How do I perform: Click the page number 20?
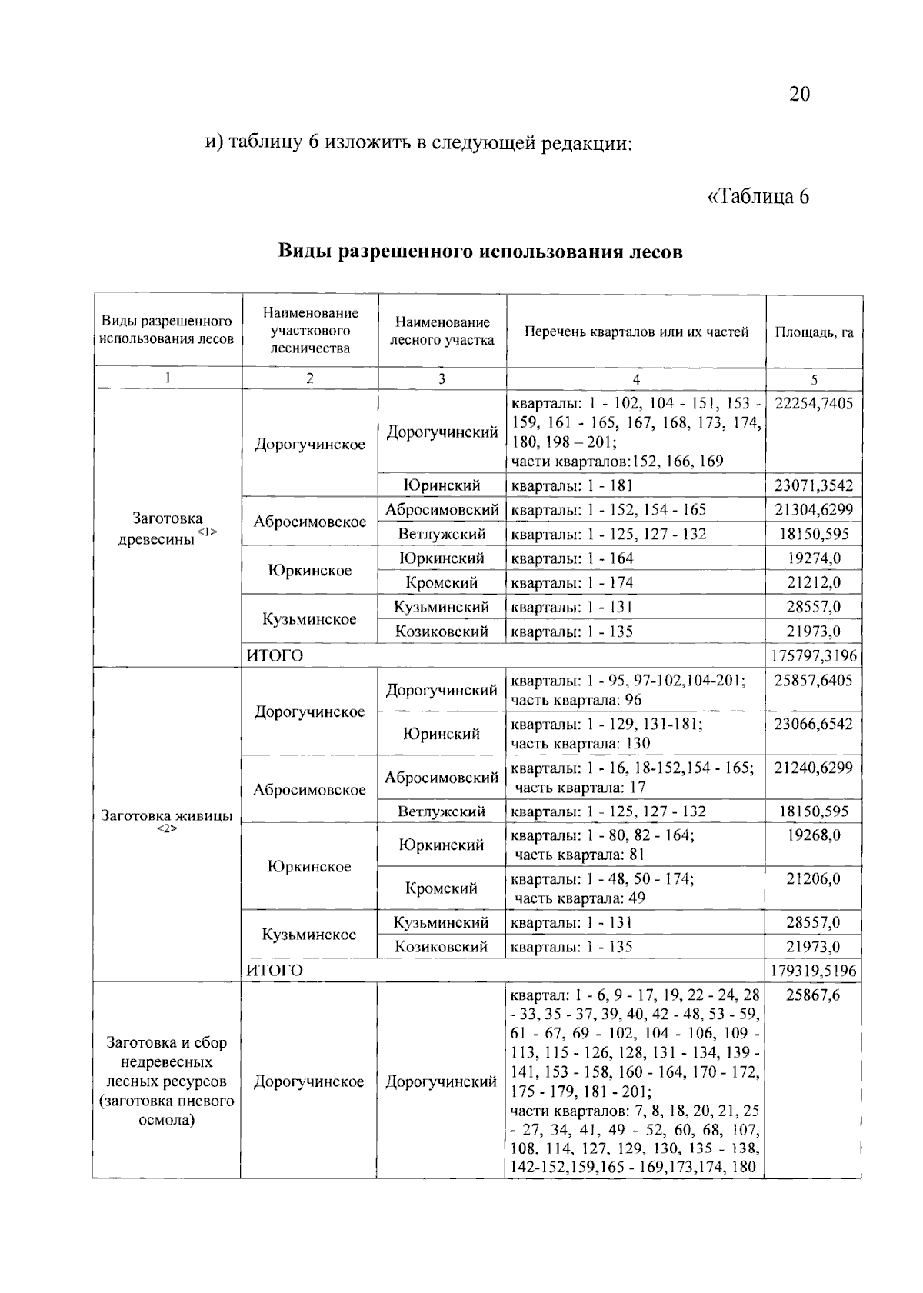pos(798,94)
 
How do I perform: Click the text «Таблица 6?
pos(758,196)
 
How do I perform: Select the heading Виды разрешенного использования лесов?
pos(480,252)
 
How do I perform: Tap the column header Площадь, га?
pos(814,333)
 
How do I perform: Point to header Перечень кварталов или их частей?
pos(636,332)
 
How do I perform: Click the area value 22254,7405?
pos(814,404)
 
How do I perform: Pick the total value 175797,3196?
pos(814,656)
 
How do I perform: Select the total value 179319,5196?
pos(814,971)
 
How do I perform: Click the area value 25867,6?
pos(814,995)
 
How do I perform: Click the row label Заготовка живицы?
pos(167,817)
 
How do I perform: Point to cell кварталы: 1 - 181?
pos(572,485)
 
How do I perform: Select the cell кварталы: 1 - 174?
pos(572,583)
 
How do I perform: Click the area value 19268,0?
pos(814,835)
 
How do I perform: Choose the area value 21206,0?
pos(814,879)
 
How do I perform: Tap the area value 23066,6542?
pos(814,725)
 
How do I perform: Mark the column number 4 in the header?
pos(636,378)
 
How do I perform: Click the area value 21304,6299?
pos(814,510)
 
